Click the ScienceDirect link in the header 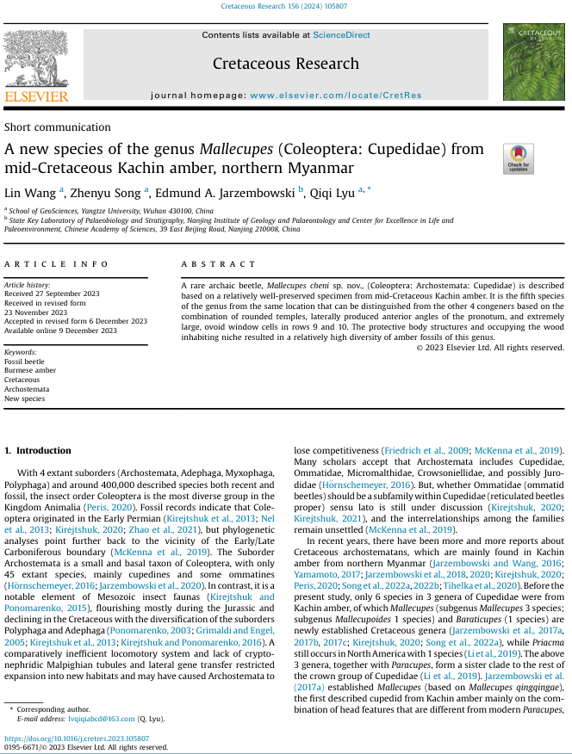341,35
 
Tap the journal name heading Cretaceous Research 285,64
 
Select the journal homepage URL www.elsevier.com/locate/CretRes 336,95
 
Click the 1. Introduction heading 39,450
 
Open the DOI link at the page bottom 77,739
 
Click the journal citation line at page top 285,7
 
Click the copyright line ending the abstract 489,348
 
